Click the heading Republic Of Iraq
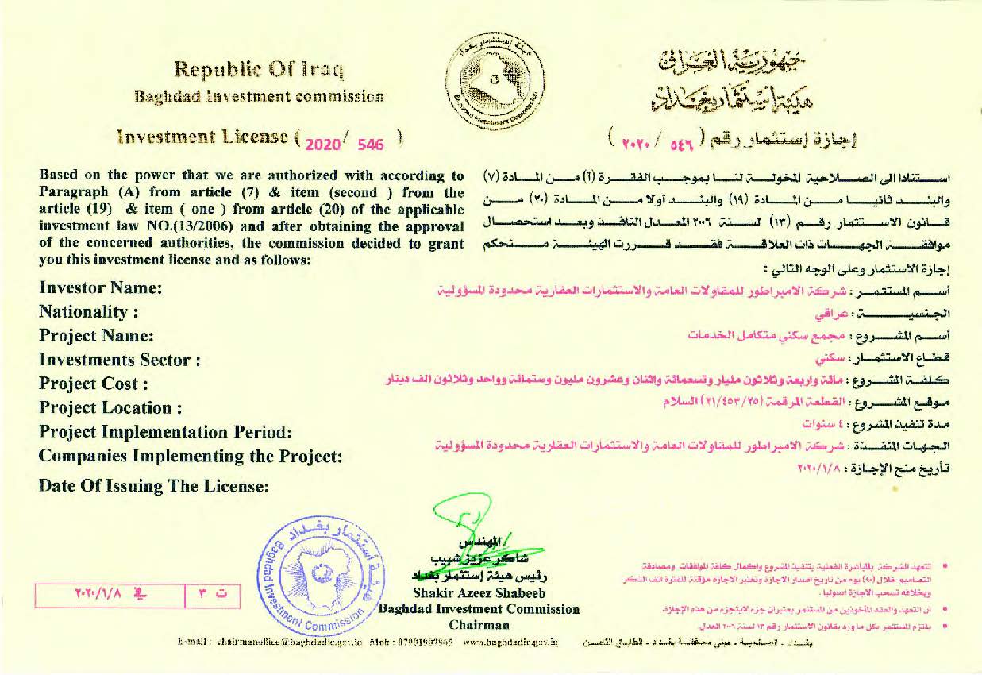click(259, 70)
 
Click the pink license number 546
click(371, 145)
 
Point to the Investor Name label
click(101, 287)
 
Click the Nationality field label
click(89, 312)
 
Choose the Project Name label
click(96, 336)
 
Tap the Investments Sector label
click(119, 360)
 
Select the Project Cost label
click(94, 384)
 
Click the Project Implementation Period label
click(166, 432)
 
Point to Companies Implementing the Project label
click(191, 457)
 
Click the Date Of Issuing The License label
click(154, 485)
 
